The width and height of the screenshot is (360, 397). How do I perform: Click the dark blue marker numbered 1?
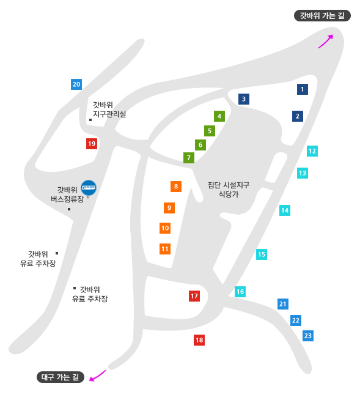click(x=303, y=89)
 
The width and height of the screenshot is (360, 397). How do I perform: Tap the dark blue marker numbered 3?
click(x=244, y=99)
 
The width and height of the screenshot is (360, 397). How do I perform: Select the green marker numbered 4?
click(x=219, y=116)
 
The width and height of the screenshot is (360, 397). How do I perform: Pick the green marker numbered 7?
click(x=189, y=158)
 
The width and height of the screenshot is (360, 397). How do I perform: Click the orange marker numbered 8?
click(x=176, y=187)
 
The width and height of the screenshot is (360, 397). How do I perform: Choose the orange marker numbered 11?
click(x=165, y=249)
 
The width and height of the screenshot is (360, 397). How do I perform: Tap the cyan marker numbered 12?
click(x=312, y=151)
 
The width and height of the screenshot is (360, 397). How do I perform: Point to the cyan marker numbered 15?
click(x=262, y=254)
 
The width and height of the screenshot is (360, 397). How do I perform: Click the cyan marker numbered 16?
click(x=240, y=292)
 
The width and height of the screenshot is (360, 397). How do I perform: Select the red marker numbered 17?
click(x=194, y=296)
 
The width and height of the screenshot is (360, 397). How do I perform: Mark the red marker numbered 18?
click(x=199, y=340)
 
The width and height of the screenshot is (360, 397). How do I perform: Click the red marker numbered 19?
click(x=92, y=144)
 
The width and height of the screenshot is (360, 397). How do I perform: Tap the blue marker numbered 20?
click(x=76, y=84)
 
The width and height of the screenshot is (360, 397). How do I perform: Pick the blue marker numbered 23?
click(x=308, y=336)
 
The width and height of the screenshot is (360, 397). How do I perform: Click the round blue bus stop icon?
click(x=89, y=188)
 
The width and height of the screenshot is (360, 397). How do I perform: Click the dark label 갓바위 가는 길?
click(x=322, y=16)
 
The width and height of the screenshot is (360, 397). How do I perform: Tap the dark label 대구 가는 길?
click(x=61, y=377)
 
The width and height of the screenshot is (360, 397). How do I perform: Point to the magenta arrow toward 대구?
click(x=97, y=376)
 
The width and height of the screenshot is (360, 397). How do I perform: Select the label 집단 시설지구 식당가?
click(x=229, y=190)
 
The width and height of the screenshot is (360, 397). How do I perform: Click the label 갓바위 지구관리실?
click(x=109, y=109)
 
